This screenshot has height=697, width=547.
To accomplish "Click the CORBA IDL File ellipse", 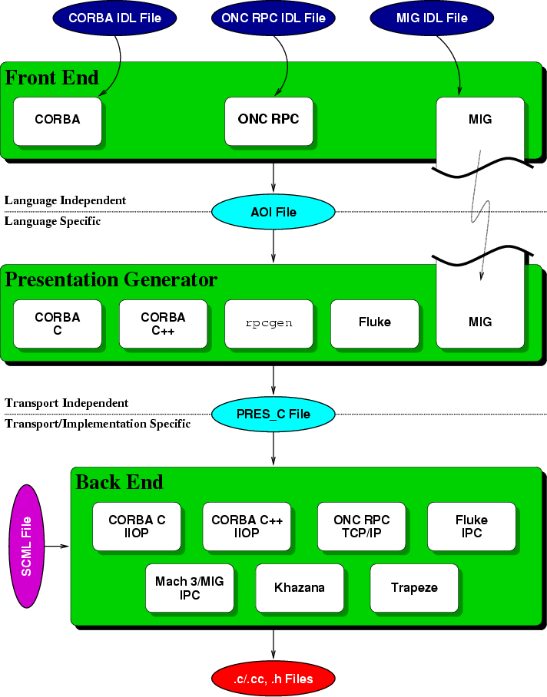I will pyautogui.click(x=114, y=17).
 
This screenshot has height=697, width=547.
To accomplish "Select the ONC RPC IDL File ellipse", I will pyautogui.click(x=272, y=17).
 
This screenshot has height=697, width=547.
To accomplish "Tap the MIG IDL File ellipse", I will pyautogui.click(x=430, y=17).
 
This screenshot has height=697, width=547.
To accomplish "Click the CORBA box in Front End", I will pyautogui.click(x=58, y=121).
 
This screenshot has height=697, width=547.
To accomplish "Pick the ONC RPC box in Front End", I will pyautogui.click(x=268, y=121).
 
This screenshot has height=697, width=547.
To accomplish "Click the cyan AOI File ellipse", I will pyautogui.click(x=273, y=212).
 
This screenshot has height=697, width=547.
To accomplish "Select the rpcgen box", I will pyautogui.click(x=268, y=323).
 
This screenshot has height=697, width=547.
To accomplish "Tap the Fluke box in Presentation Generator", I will pyautogui.click(x=374, y=323).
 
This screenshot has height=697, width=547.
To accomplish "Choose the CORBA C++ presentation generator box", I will pyautogui.click(x=163, y=323).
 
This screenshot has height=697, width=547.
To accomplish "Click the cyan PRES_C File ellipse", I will pyautogui.click(x=273, y=415).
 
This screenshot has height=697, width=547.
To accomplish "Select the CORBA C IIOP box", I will pyautogui.click(x=137, y=527).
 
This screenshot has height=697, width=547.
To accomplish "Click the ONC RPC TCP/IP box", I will pyautogui.click(x=362, y=527).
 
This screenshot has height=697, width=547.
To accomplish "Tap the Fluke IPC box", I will pyautogui.click(x=471, y=527).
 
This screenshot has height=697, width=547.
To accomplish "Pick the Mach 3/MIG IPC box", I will pyautogui.click(x=189, y=588).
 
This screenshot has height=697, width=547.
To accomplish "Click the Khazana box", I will pyautogui.click(x=299, y=588).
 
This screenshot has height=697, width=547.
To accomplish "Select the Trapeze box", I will pyautogui.click(x=414, y=588).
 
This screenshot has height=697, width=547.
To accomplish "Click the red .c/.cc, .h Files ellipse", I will pyautogui.click(x=273, y=678).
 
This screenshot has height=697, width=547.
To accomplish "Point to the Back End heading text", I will pyautogui.click(x=119, y=482).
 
